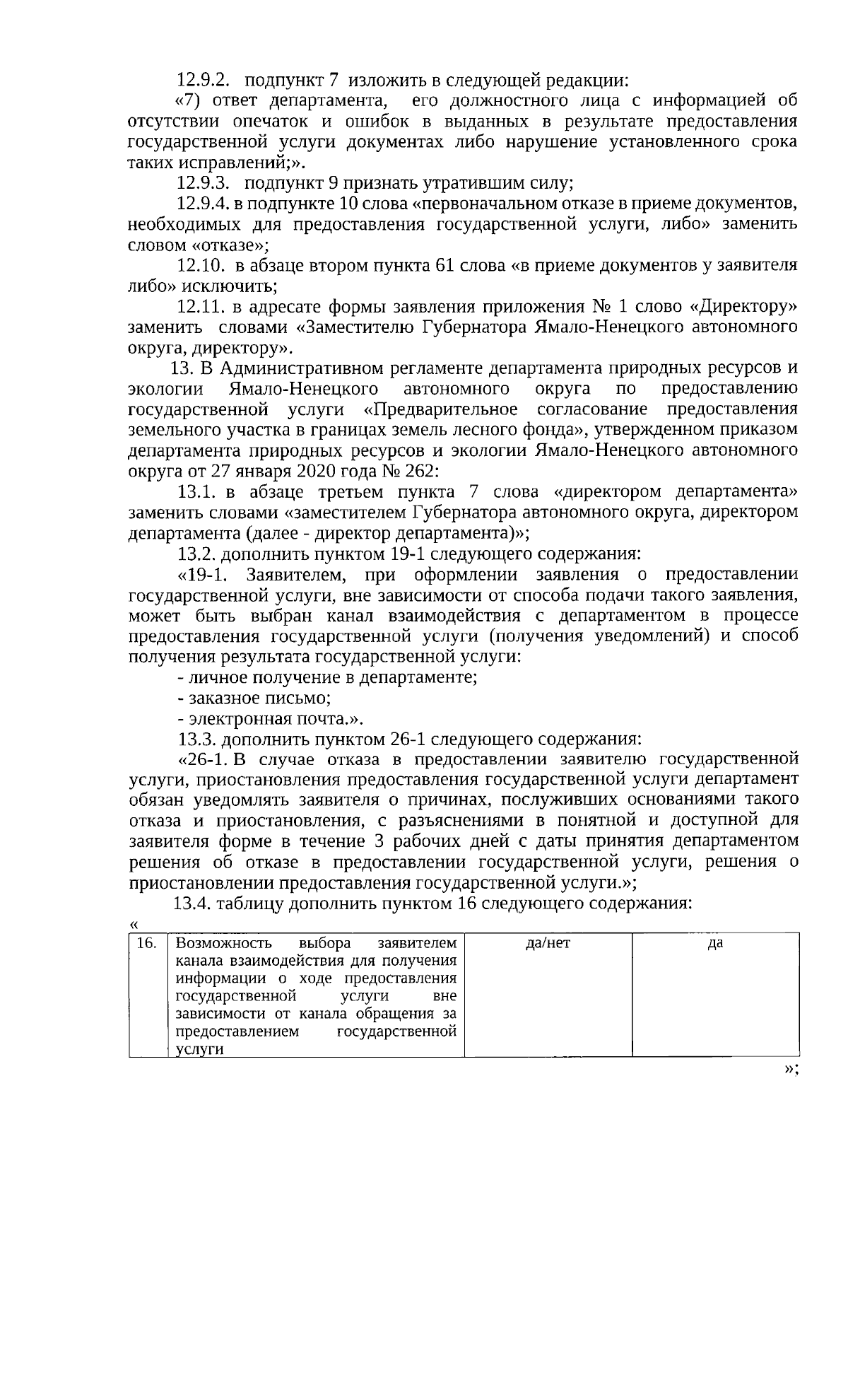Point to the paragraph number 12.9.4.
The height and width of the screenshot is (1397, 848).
click(201, 204)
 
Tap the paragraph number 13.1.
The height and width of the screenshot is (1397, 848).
click(197, 491)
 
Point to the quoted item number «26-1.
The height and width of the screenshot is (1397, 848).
click(204, 759)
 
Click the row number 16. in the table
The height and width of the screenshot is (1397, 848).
click(146, 943)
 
